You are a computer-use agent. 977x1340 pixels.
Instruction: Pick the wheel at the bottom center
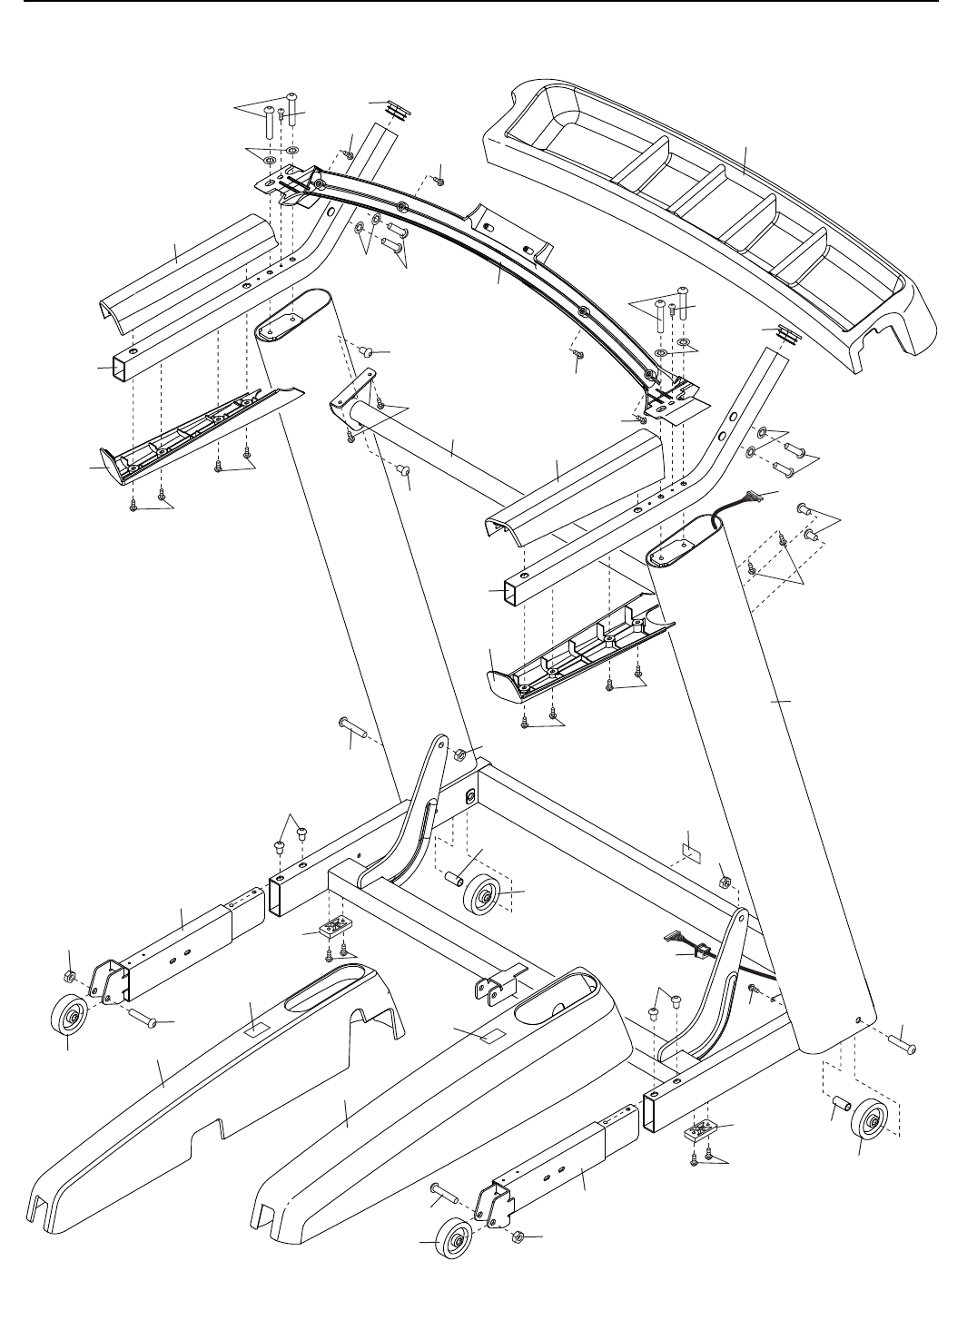454,1241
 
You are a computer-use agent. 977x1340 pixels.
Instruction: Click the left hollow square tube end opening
116,368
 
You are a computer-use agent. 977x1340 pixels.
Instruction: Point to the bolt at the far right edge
905,1049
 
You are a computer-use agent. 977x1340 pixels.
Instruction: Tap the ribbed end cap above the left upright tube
395,110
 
